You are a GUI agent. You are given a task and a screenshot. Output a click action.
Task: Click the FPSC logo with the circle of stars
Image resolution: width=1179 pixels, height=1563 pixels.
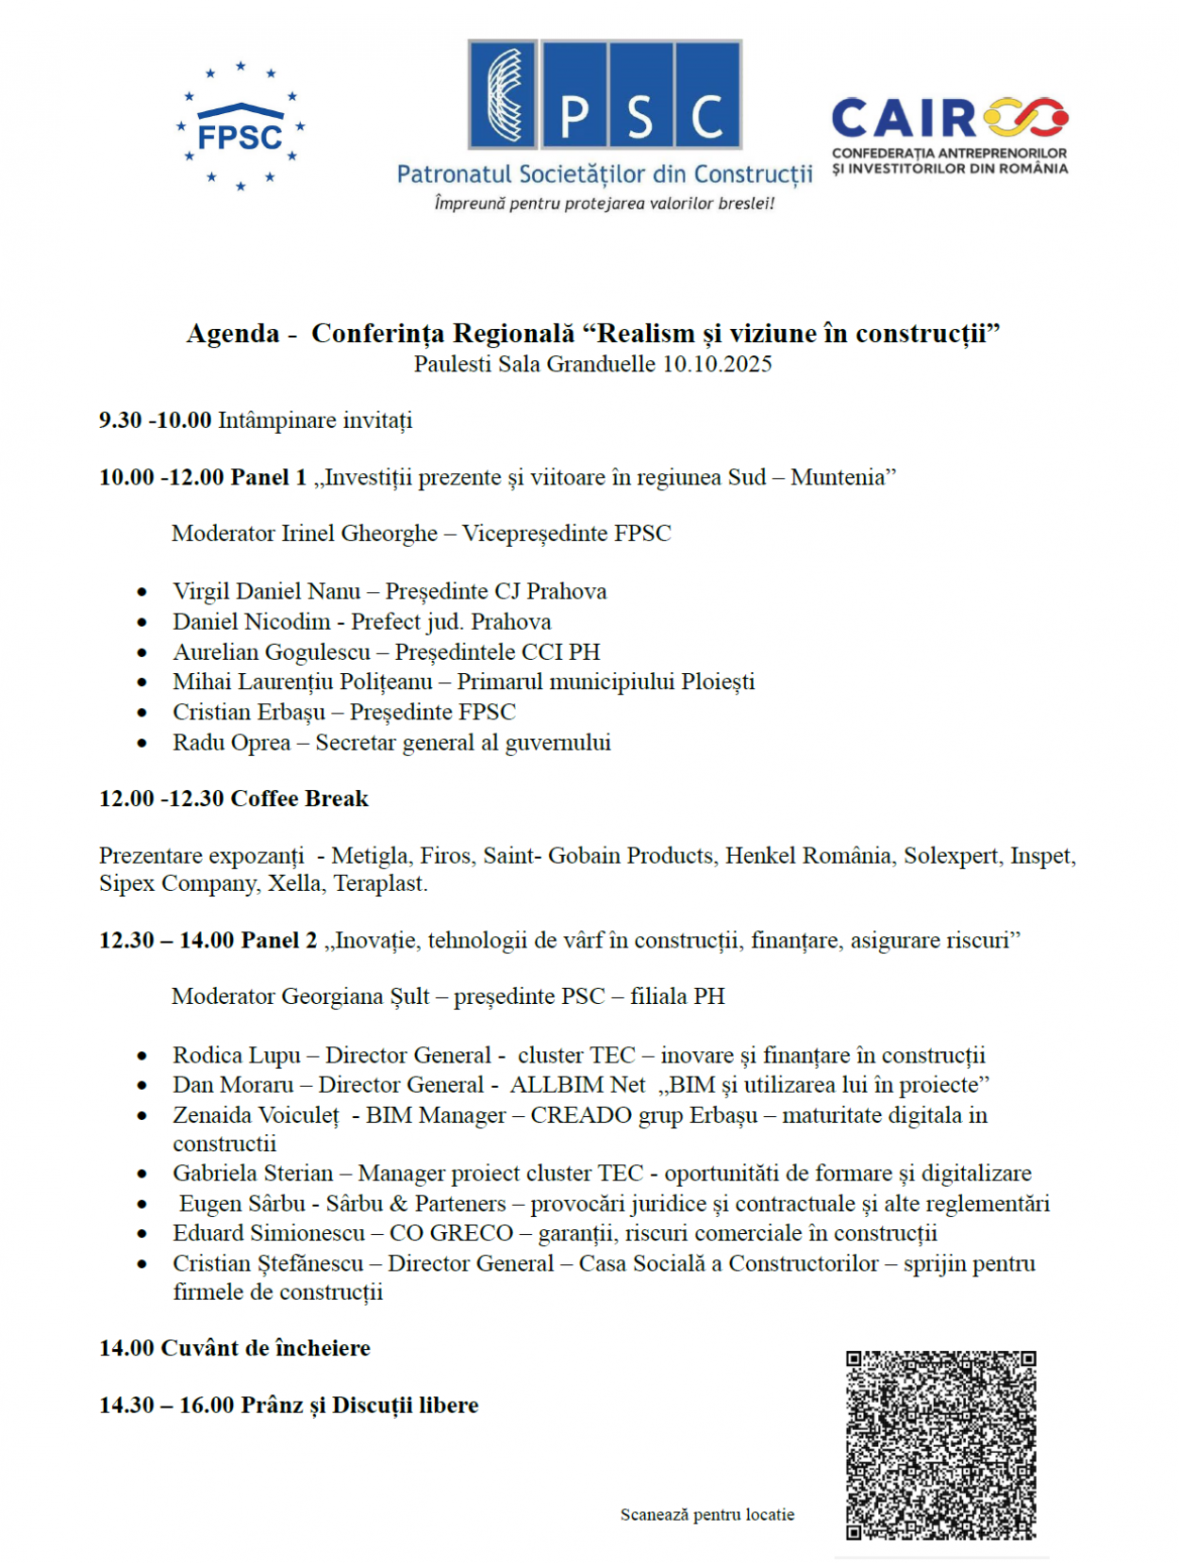click(x=241, y=127)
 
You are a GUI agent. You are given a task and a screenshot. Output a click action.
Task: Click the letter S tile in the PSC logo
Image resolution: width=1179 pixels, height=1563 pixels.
click(x=640, y=94)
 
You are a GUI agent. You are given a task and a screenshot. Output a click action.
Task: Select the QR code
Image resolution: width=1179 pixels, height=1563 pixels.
click(x=940, y=1445)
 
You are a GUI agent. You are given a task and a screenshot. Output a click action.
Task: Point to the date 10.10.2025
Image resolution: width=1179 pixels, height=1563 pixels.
click(x=717, y=364)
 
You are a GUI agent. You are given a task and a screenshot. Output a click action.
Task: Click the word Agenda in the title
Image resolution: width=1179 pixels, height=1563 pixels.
click(x=233, y=334)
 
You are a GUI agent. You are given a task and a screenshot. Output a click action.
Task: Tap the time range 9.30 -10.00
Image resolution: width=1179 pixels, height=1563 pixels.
click(x=155, y=420)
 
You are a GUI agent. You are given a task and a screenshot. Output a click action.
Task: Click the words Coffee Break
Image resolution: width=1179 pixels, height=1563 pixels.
click(x=300, y=798)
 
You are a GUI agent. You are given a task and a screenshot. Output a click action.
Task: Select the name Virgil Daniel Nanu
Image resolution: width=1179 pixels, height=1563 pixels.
click(x=266, y=591)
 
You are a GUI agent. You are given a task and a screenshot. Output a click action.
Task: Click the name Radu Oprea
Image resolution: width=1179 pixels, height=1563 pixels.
click(x=231, y=743)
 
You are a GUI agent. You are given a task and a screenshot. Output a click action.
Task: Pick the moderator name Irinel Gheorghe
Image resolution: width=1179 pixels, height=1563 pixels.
click(x=359, y=534)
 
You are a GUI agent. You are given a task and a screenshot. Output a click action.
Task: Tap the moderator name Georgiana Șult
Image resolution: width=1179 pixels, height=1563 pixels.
click(x=356, y=996)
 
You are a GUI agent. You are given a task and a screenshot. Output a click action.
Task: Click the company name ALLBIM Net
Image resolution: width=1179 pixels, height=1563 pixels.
click(x=577, y=1085)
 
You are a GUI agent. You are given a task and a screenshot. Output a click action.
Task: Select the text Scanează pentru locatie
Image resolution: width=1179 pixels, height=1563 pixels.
click(x=706, y=1514)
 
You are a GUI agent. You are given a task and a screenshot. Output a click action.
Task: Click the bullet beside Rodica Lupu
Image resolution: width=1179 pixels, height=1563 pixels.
click(x=142, y=1056)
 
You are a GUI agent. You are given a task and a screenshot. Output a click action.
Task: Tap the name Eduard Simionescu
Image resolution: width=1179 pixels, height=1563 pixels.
click(x=268, y=1233)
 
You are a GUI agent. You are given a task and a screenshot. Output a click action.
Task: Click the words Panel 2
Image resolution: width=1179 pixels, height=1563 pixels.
click(x=279, y=940)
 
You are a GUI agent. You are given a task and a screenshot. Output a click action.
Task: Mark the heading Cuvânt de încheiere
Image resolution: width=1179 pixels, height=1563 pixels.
click(x=265, y=1348)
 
